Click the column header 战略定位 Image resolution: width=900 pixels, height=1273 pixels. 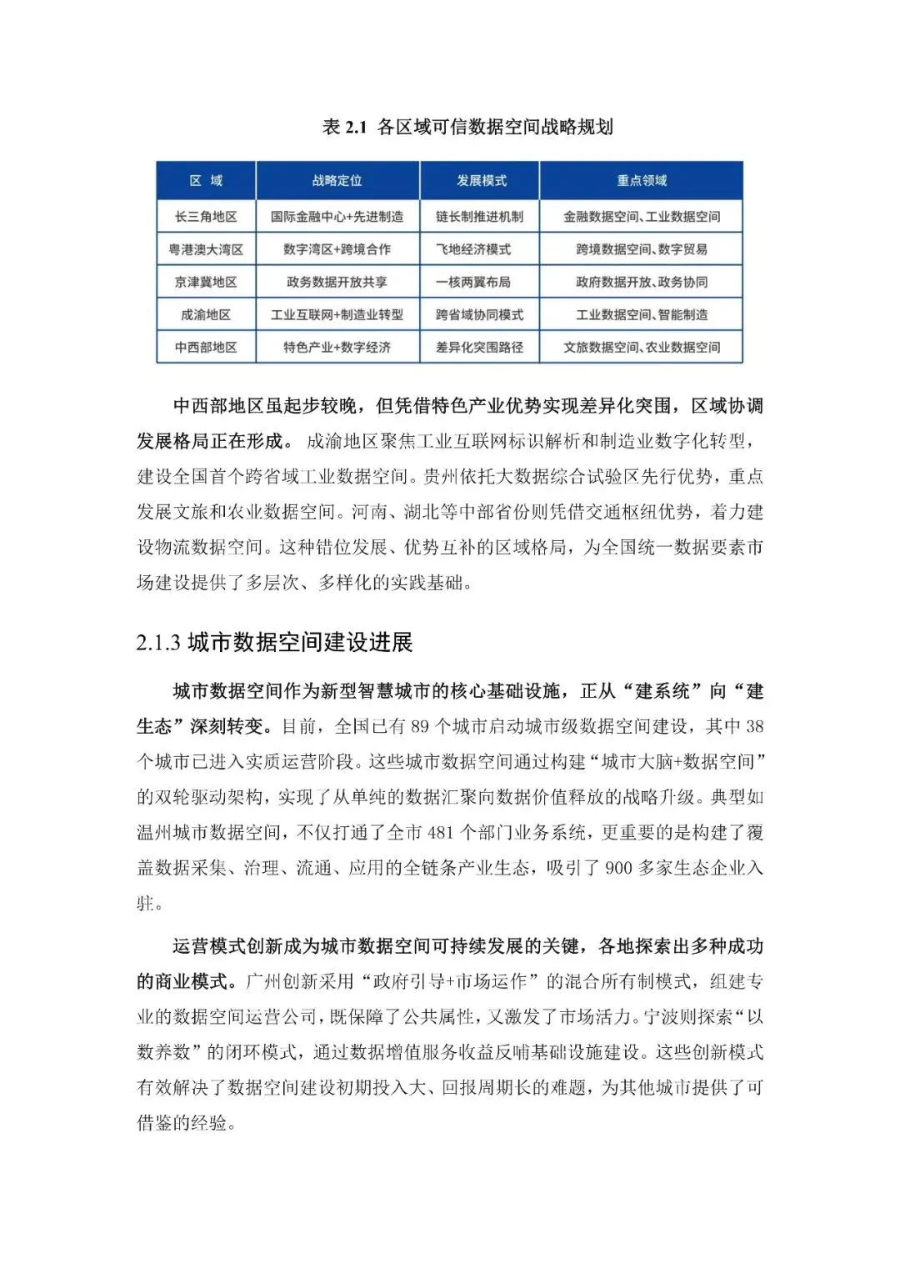pos(337,181)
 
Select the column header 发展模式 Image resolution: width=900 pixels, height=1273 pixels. pos(481,181)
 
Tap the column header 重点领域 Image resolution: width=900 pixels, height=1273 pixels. pos(641,181)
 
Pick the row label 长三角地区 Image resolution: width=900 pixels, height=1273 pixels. pos(206,217)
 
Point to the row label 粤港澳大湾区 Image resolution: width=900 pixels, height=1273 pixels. pos(206,249)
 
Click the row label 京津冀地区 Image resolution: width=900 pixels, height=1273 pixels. pos(206,282)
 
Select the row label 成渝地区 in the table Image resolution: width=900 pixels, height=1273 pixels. pos(206,314)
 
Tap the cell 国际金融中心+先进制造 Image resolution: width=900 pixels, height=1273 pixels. pos(337,217)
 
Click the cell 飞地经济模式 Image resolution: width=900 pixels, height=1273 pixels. pos(473,249)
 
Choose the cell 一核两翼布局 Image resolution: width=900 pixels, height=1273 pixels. pos(473,282)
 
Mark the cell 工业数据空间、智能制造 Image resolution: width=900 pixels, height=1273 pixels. pos(641,314)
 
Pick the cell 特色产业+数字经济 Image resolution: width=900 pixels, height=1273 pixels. pos(337,347)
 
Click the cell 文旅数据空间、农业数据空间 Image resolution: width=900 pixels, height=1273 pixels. pos(641,347)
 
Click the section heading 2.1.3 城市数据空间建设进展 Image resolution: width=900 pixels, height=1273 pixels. pos(275,643)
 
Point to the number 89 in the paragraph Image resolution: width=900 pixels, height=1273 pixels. pos(420,727)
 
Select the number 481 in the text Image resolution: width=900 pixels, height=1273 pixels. pos(441,833)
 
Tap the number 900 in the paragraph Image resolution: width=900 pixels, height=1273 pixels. pos(618,869)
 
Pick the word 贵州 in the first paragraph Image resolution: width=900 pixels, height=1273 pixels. pos(442,477)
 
